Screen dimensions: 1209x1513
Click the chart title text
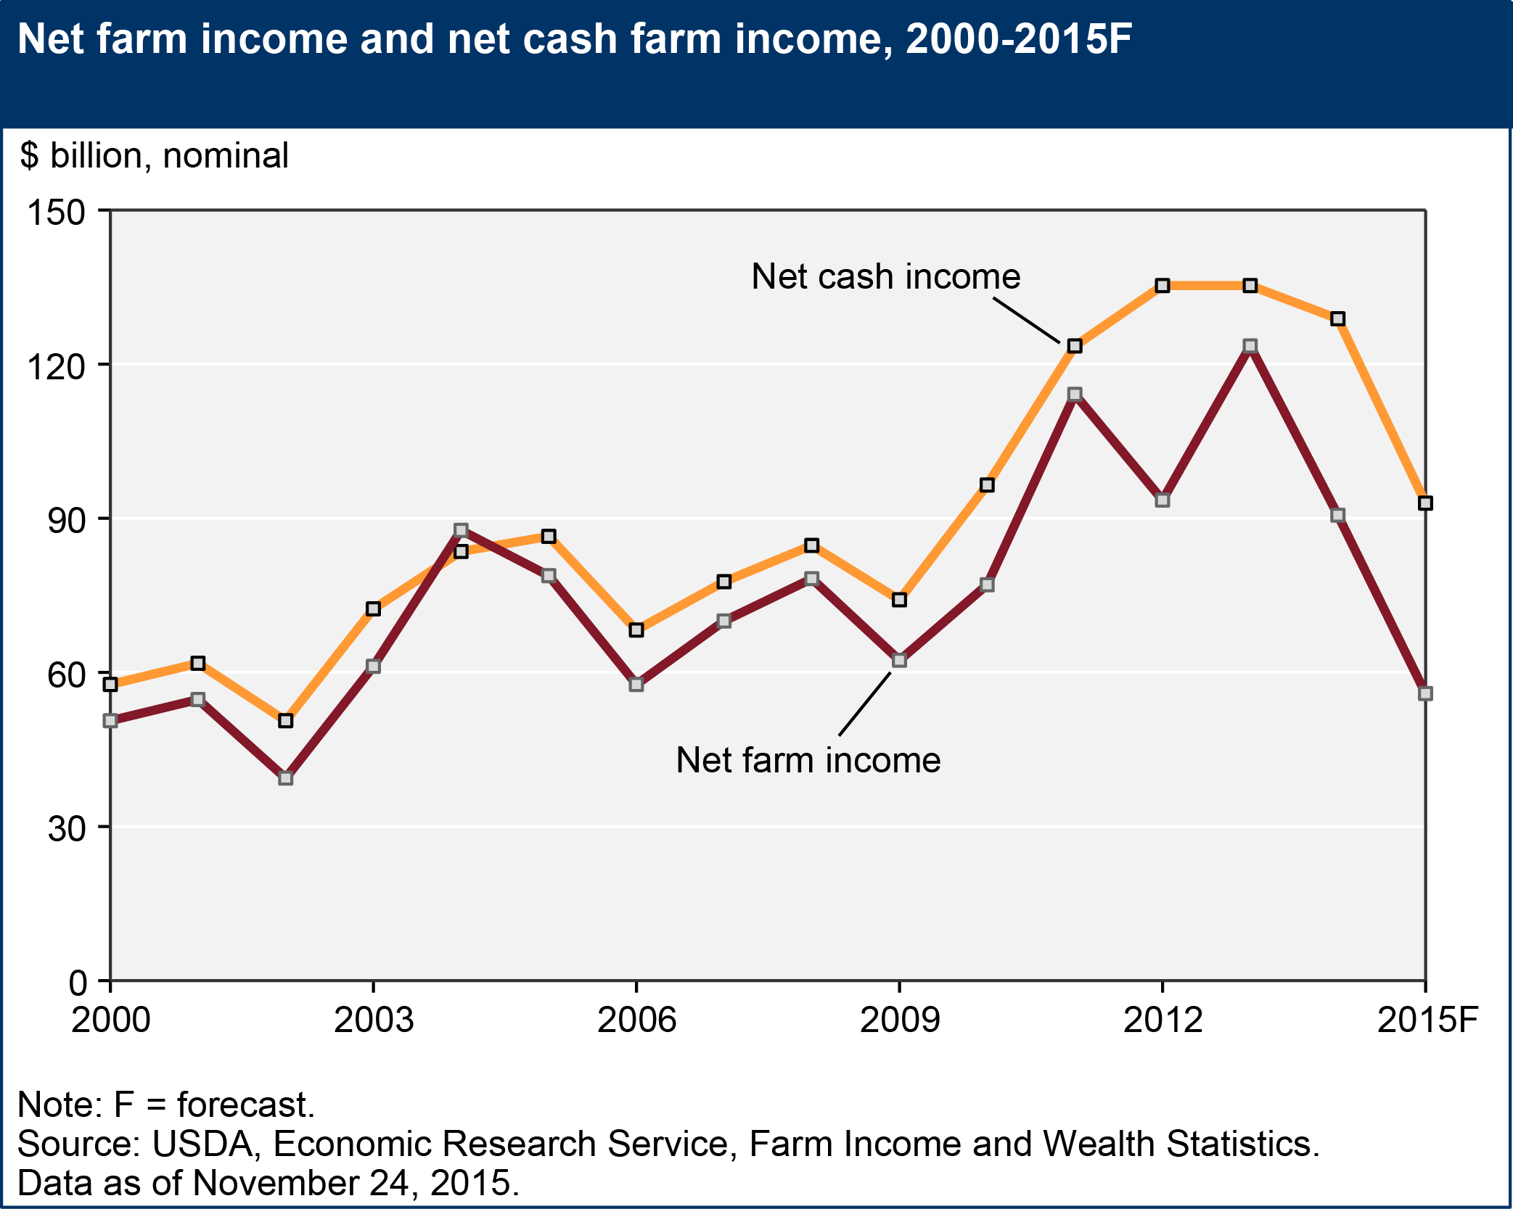(x=573, y=39)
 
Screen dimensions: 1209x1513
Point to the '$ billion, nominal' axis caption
(x=155, y=156)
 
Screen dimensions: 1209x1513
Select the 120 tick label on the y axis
(x=56, y=367)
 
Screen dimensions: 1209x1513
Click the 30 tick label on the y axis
(x=67, y=829)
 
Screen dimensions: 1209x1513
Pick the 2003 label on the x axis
(x=373, y=1020)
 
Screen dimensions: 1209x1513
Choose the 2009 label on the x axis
(x=899, y=1020)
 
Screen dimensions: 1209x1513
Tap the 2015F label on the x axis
(x=1427, y=1020)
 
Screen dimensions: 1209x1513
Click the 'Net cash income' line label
(x=885, y=276)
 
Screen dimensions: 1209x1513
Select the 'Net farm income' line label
(x=808, y=760)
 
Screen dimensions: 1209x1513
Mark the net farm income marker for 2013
(x=1250, y=346)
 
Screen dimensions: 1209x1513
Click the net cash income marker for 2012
(x=1163, y=286)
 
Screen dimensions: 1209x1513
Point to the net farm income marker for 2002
(x=285, y=778)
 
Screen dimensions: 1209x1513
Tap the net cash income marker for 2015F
(x=1425, y=503)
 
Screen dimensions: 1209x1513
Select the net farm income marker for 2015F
(x=1425, y=694)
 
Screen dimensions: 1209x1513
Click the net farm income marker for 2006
(x=636, y=685)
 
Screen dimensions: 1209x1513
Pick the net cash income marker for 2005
(x=549, y=537)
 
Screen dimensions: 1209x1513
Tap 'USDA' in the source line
(x=202, y=1144)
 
